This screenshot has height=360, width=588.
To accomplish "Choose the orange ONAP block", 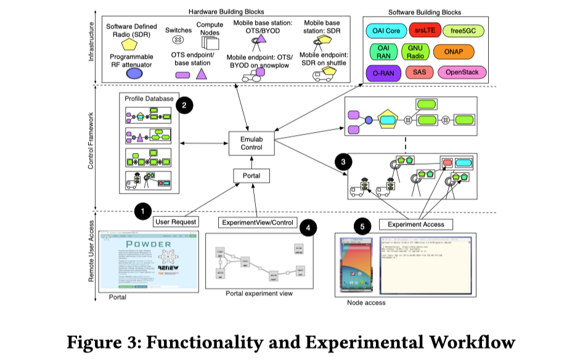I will coord(453,52).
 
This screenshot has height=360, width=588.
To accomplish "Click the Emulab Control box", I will coord(253,143).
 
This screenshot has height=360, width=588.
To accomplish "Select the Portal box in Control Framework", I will coord(253,176).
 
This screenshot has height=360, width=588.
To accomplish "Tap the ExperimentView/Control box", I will coord(257,222).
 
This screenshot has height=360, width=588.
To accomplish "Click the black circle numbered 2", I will coord(184,105).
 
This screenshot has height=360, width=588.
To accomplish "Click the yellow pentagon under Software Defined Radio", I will coord(130,44).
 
